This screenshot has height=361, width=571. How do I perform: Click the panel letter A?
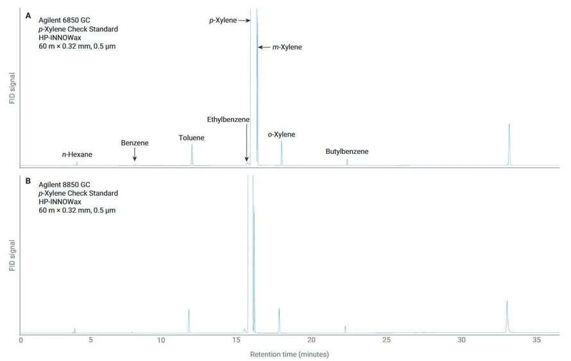[28, 15]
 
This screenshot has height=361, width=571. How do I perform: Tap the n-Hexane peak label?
[77, 155]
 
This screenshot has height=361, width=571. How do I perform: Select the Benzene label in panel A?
[135, 143]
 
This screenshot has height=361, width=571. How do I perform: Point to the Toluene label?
[191, 137]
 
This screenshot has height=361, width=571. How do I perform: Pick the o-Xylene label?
[281, 134]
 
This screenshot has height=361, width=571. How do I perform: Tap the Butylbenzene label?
[346, 152]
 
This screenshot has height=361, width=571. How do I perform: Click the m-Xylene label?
[284, 47]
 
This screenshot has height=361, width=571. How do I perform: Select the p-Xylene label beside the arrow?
[222, 21]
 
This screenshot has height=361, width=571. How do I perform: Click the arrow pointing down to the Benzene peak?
[135, 155]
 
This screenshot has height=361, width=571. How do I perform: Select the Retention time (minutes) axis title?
[289, 354]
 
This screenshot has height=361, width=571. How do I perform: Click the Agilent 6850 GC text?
[64, 20]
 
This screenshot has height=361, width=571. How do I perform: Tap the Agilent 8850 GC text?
[64, 184]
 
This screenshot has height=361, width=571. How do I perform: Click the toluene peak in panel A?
[192, 154]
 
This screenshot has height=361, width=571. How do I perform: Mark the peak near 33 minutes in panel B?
[507, 314]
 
